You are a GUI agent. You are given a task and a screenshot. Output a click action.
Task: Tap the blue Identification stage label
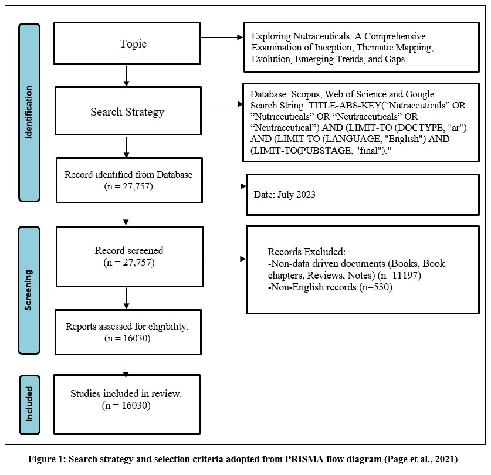(29, 113)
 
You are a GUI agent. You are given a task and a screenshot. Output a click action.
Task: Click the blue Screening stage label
(29, 290)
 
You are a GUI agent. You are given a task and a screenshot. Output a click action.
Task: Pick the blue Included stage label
(29, 405)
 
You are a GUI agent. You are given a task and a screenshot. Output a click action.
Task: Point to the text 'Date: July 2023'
(285, 195)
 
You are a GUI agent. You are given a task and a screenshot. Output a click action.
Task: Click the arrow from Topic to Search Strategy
(126, 76)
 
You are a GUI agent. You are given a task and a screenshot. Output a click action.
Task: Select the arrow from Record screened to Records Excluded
(225, 259)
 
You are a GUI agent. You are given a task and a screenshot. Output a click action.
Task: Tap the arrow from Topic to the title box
(222, 38)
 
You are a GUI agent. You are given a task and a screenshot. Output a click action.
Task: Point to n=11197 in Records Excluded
(399, 275)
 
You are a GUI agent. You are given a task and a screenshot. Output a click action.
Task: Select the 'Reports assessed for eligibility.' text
(127, 326)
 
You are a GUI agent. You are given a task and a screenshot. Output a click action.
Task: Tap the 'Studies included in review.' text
(126, 393)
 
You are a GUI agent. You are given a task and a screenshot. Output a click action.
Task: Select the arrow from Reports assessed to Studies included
(126, 366)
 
